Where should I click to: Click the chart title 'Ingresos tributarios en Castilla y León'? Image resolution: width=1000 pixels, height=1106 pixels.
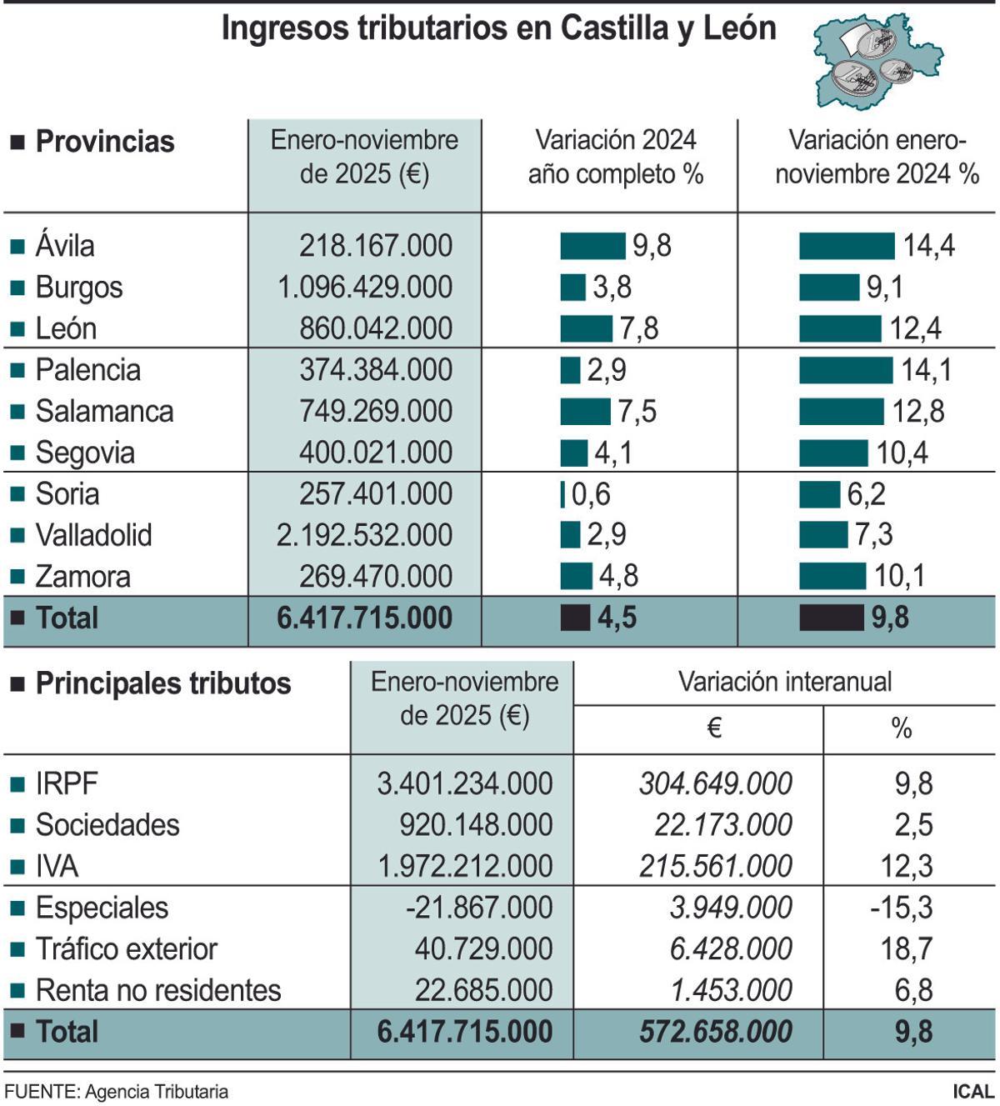498,29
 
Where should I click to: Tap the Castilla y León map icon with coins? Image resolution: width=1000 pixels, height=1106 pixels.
877,61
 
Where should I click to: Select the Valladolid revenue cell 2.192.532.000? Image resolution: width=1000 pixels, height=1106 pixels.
364,535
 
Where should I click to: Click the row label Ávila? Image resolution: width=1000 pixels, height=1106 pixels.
65,246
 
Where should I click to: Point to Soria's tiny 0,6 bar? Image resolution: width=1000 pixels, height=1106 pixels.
563,494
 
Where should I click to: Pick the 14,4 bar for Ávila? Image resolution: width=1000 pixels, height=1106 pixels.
847,246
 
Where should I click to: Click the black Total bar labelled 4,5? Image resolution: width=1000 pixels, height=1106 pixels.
575,618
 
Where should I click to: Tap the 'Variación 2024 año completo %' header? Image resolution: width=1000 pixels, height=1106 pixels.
615,157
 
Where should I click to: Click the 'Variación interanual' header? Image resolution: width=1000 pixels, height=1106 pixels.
784,682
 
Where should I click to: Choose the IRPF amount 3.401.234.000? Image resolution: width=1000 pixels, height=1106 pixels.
464,783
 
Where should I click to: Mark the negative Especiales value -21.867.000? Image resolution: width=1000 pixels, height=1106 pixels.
478,908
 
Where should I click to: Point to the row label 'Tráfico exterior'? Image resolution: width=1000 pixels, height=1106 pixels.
126,949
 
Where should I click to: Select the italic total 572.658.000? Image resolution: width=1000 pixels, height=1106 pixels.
715,1032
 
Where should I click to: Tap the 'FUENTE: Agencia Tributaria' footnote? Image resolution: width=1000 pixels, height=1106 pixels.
116,1092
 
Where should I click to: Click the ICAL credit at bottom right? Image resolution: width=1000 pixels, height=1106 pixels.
972,1092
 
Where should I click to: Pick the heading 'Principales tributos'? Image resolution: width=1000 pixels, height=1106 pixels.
162,683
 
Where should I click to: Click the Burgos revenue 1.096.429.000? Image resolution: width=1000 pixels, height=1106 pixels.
364,288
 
